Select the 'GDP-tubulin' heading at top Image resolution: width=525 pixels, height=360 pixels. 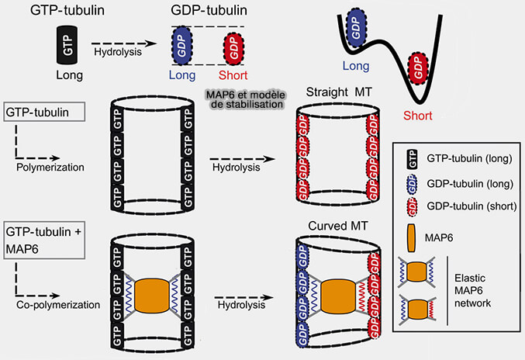(x=209, y=10)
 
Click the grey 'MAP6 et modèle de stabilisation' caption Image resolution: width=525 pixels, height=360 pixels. (x=243, y=99)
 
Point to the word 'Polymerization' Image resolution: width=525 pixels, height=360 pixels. (x=48, y=166)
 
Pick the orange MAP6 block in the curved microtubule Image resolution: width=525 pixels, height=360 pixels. (x=337, y=296)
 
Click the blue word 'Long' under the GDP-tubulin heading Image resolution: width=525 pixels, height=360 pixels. (x=185, y=75)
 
